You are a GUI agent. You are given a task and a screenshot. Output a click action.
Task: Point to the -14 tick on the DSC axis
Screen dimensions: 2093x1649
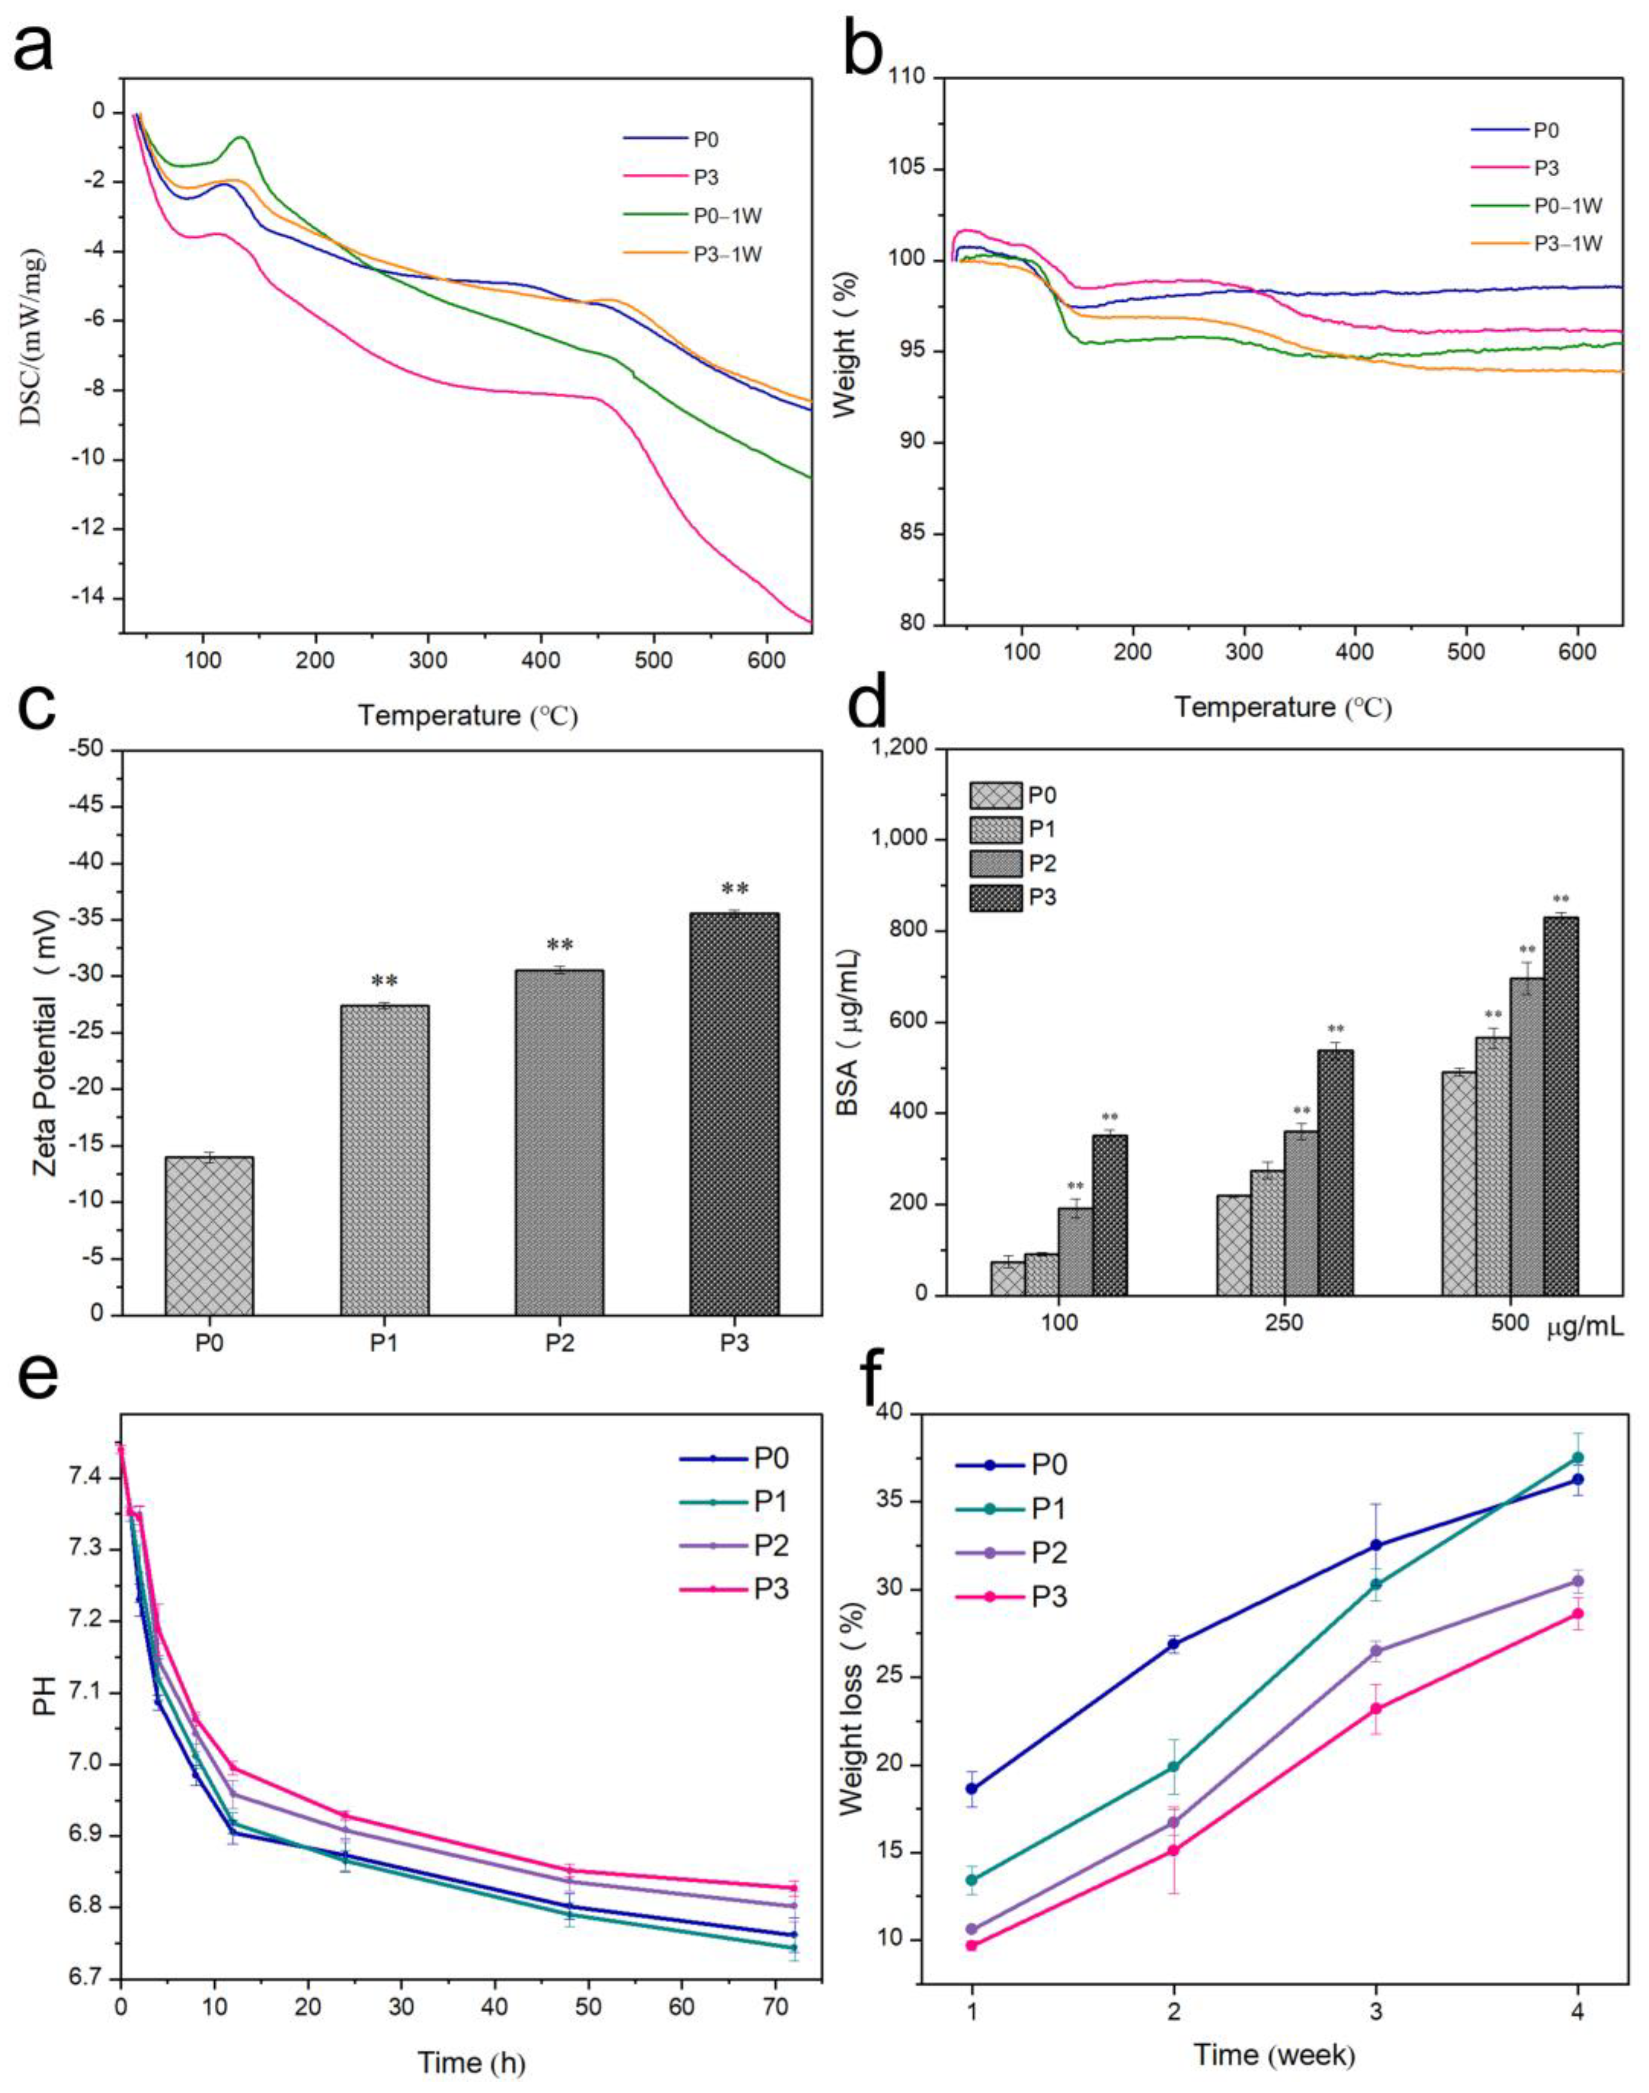tap(89, 599)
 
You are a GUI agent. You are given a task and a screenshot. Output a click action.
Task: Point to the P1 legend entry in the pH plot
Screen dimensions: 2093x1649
tap(771, 1502)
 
